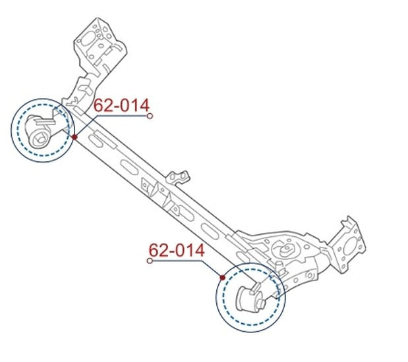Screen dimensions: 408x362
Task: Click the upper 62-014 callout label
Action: coord(121,105)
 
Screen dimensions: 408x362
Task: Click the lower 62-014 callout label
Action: coord(177,250)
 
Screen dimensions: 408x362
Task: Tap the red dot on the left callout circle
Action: coord(74,137)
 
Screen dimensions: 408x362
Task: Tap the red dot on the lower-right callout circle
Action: coord(222,278)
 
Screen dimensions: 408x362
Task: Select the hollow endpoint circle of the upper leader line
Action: coord(150,116)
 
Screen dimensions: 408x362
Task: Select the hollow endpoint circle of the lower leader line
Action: coord(150,261)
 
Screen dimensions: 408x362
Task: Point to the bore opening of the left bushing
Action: coord(40,139)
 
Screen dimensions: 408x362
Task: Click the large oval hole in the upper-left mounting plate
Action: coord(86,40)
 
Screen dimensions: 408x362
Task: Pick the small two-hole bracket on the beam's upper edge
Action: coord(178,178)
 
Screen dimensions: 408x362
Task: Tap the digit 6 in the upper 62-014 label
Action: coord(98,105)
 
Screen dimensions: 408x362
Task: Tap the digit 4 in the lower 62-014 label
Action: coord(200,250)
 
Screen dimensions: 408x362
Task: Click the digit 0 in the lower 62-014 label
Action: coord(179,250)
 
